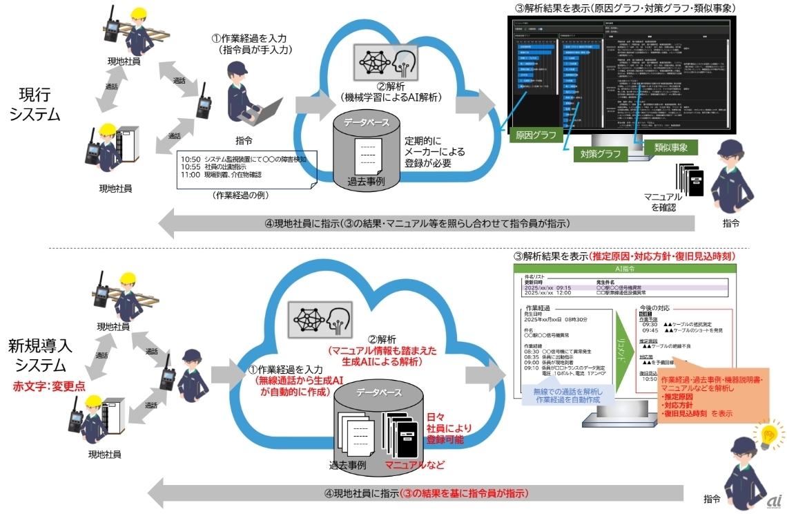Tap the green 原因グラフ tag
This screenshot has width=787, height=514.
tap(534, 135)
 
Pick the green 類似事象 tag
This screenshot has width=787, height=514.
tap(670, 146)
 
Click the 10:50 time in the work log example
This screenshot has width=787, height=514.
tap(191, 159)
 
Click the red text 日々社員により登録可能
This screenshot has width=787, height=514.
tap(441, 429)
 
